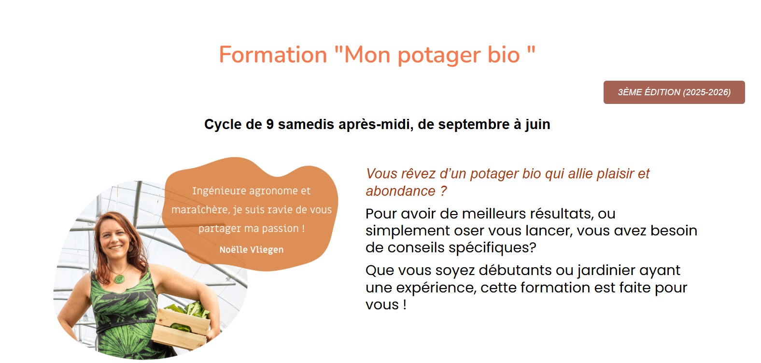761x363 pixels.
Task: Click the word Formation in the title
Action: pyautogui.click(x=273, y=55)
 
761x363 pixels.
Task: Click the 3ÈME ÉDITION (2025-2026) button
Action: pyautogui.click(x=674, y=92)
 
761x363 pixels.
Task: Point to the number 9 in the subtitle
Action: pyautogui.click(x=270, y=124)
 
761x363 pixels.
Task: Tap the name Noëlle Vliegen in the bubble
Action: pyautogui.click(x=252, y=250)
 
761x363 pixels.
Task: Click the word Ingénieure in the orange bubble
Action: pyautogui.click(x=219, y=191)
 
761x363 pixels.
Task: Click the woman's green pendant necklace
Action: pyautogui.click(x=119, y=279)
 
